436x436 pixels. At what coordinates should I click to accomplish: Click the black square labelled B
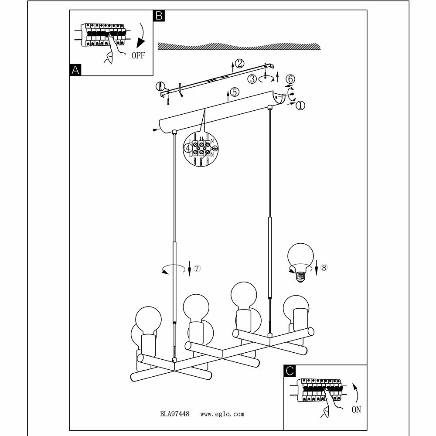pyautogui.click(x=159, y=16)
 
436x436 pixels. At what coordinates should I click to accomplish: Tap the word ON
pyautogui.click(x=356, y=410)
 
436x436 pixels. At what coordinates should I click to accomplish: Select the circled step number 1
pyautogui.click(x=301, y=105)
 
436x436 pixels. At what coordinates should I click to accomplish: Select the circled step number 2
pyautogui.click(x=239, y=64)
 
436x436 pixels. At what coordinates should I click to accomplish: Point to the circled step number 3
pyautogui.click(x=252, y=79)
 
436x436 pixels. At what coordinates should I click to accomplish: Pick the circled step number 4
pyautogui.click(x=188, y=148)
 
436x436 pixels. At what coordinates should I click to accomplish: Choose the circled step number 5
pyautogui.click(x=234, y=92)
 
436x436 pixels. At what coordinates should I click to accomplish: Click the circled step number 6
pyautogui.click(x=290, y=79)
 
